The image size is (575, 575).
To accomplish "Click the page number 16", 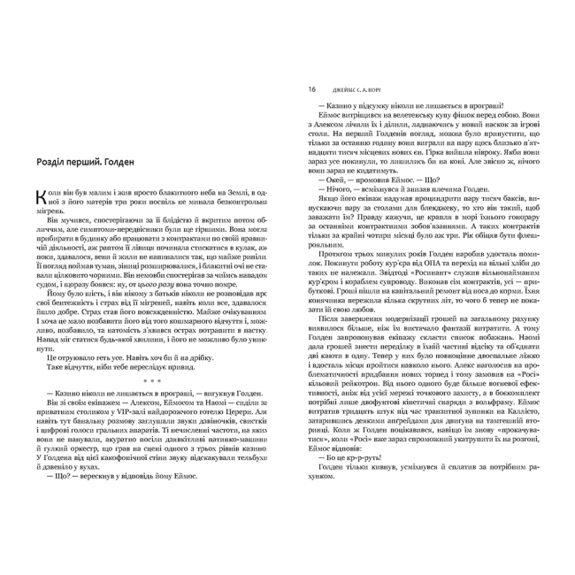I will coord(310,89).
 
